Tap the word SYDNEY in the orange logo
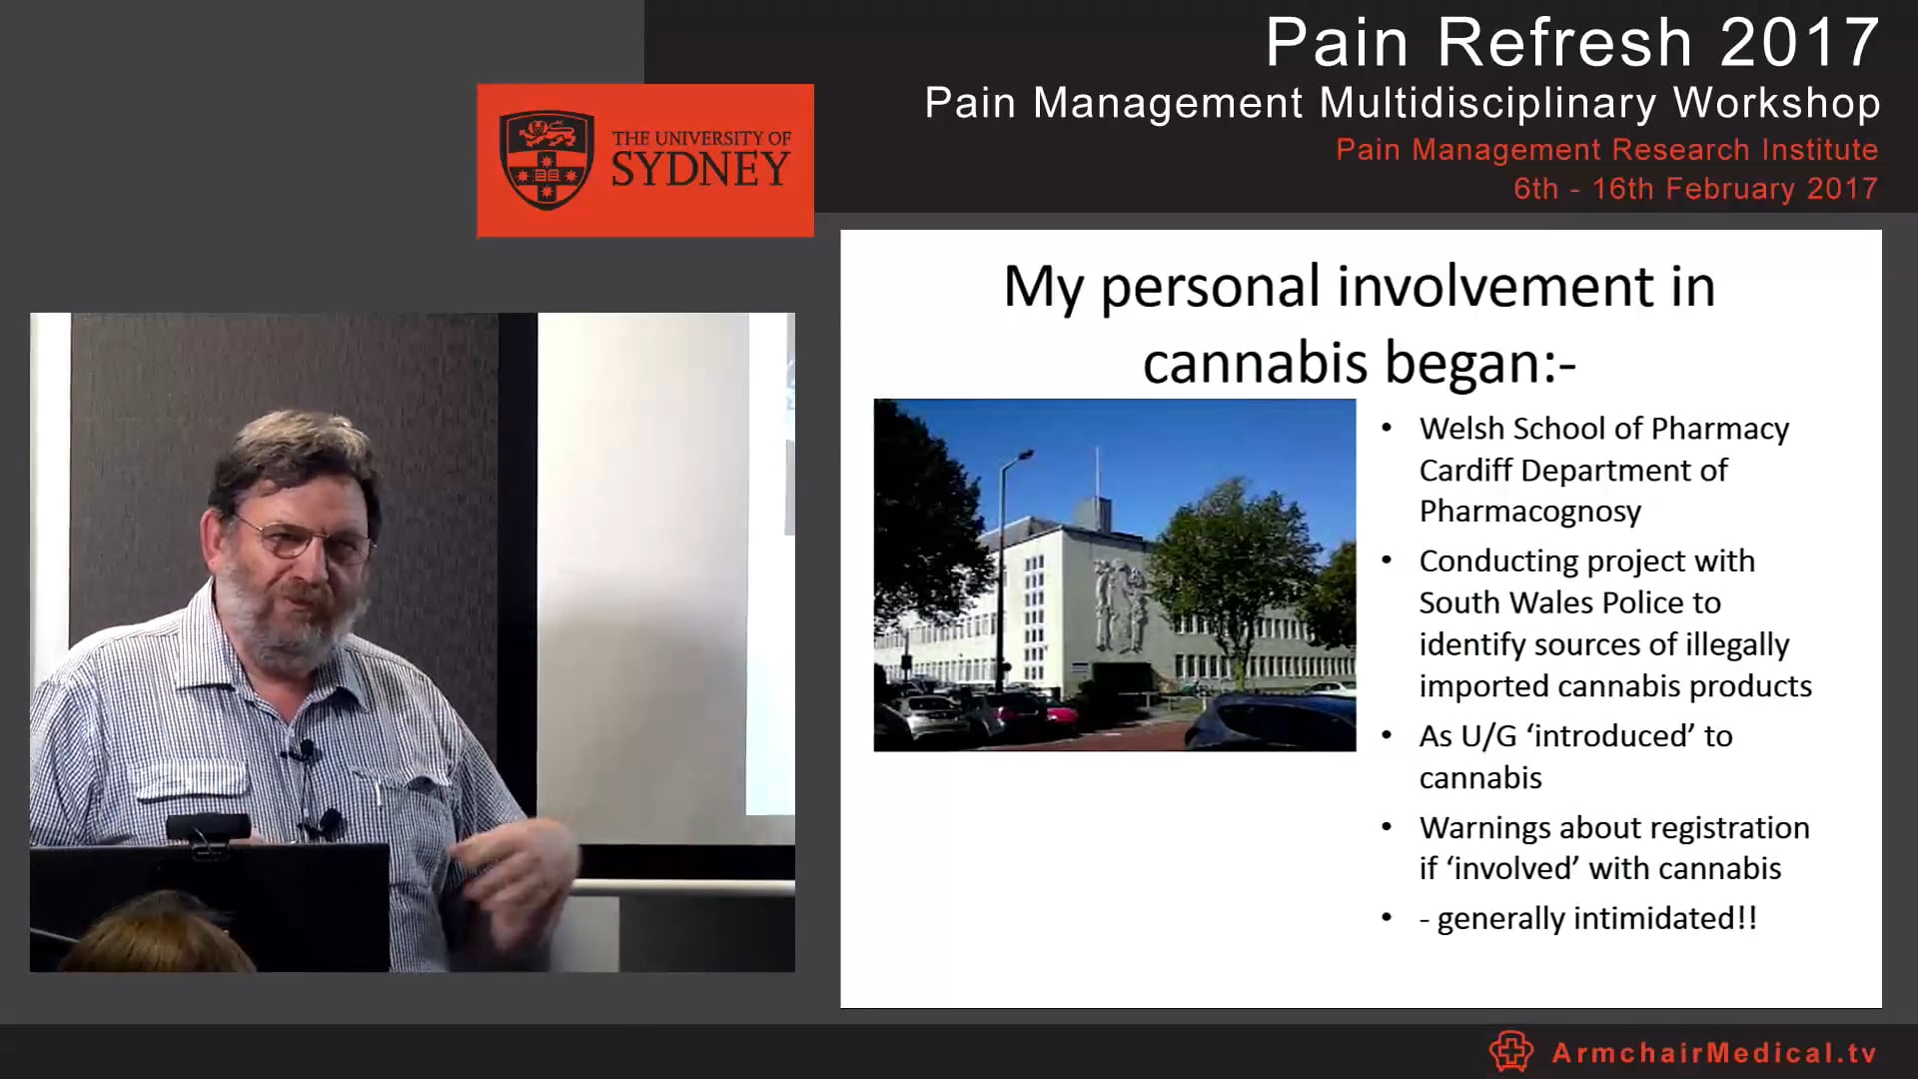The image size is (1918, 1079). click(700, 171)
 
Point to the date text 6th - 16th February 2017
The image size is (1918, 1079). click(1695, 189)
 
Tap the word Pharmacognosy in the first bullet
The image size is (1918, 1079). click(1529, 512)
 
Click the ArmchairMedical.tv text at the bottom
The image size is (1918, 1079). click(1714, 1053)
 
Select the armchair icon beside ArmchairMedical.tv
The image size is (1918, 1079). click(1510, 1051)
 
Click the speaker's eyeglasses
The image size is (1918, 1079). click(305, 540)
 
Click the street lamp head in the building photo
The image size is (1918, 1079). click(1025, 455)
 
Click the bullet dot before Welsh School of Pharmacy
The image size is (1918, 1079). click(1387, 428)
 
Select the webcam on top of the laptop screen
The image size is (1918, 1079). click(208, 828)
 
